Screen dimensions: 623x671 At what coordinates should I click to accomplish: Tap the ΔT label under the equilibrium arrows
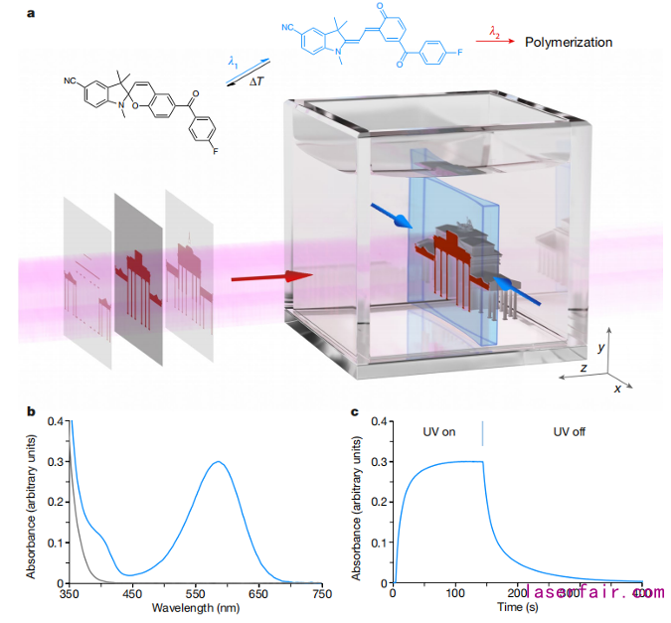(x=255, y=80)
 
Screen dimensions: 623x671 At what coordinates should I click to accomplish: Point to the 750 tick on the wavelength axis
(x=321, y=593)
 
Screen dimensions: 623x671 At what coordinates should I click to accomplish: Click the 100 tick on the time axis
(x=455, y=593)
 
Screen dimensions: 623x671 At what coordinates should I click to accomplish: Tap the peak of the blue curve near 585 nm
(x=217, y=461)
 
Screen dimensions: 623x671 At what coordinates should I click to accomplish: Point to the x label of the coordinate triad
(x=617, y=389)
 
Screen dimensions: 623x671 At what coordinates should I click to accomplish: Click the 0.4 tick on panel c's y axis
(x=378, y=421)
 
